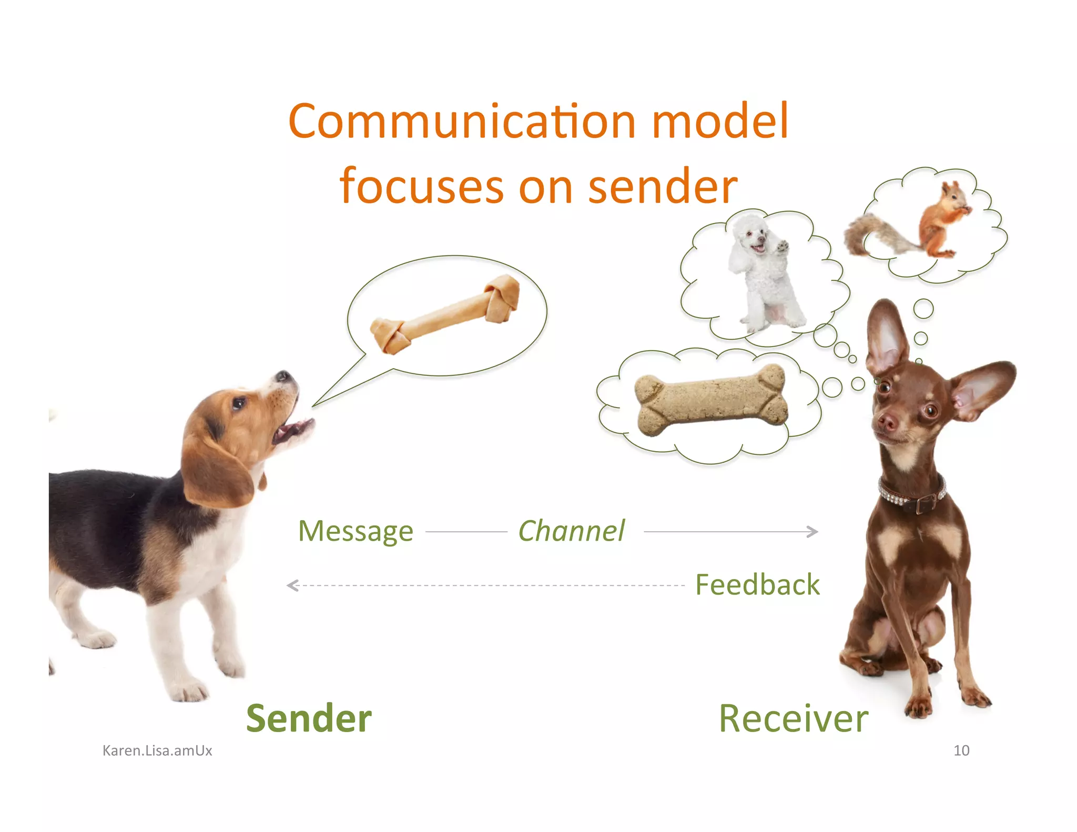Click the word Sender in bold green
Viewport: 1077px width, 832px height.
(x=309, y=718)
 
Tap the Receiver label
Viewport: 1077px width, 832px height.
(x=793, y=718)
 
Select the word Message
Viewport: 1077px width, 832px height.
(x=355, y=531)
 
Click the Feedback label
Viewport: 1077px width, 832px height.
(x=757, y=585)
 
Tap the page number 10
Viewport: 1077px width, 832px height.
(x=961, y=750)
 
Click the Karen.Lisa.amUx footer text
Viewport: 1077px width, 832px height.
(x=157, y=750)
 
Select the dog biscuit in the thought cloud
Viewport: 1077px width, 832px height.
(x=712, y=399)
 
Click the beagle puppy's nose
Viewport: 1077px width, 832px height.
(x=283, y=376)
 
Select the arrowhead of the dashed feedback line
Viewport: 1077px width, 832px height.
(x=292, y=585)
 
